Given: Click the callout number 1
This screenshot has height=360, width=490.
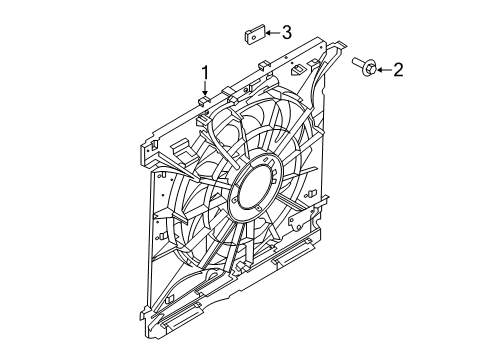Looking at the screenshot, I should click(x=205, y=72).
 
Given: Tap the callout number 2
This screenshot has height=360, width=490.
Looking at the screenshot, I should click(x=398, y=68).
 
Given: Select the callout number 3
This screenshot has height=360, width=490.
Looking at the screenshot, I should click(x=286, y=34).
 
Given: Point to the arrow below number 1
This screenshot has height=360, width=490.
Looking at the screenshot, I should click(x=205, y=89).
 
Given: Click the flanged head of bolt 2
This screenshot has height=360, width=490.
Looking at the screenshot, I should click(x=368, y=68).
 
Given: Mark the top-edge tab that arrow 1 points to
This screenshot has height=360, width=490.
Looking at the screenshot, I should click(x=205, y=99).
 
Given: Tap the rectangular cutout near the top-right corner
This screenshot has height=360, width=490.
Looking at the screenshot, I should click(x=300, y=71).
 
